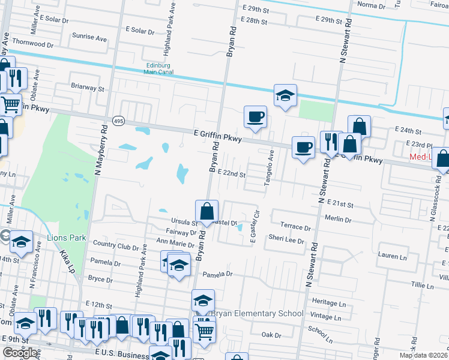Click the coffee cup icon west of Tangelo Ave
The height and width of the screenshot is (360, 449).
[x=255, y=116]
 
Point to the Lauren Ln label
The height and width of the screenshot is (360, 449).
[x=393, y=256]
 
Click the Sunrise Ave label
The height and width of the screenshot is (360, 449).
[x=89, y=37]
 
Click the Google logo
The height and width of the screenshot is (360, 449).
[x=20, y=353]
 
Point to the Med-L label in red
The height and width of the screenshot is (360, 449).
[x=423, y=157]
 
